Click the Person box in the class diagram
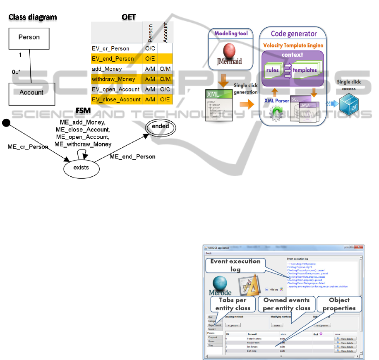(x=29, y=38)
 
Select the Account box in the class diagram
(x=31, y=93)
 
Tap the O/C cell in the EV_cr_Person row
(x=149, y=49)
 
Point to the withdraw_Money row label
(x=110, y=79)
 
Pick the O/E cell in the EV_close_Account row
(x=164, y=100)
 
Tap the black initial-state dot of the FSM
(x=6, y=123)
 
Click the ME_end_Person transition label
(x=132, y=157)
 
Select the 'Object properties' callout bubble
(x=339, y=304)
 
